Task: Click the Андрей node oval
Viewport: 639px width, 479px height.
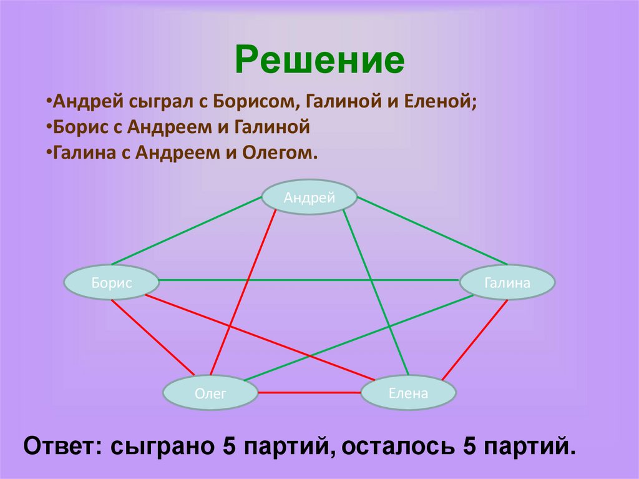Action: pos(310,198)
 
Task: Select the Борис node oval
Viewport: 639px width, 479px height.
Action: pos(111,282)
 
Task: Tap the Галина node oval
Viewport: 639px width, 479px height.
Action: pos(507,282)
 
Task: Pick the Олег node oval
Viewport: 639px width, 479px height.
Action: pos(210,392)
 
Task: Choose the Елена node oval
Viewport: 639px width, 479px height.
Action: pos(408,392)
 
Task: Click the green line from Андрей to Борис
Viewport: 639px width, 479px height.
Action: pos(187,230)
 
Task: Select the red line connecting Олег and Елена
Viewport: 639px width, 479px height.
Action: pos(310,393)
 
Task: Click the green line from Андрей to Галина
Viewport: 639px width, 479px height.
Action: pos(431,229)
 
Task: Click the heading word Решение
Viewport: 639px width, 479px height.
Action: pos(319,61)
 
